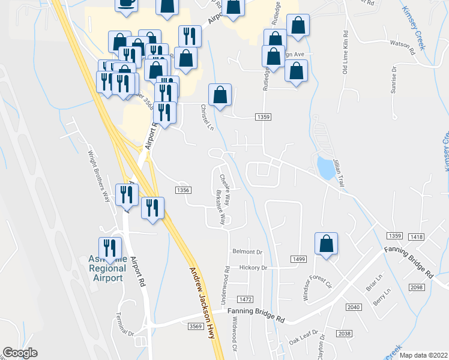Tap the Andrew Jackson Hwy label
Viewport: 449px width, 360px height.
click(203, 303)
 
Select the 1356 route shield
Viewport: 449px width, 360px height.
click(183, 190)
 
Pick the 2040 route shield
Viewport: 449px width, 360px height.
click(354, 307)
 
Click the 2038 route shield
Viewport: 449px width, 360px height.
click(344, 334)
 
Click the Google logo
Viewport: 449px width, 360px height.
click(20, 353)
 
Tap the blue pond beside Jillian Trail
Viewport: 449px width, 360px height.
click(325, 168)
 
